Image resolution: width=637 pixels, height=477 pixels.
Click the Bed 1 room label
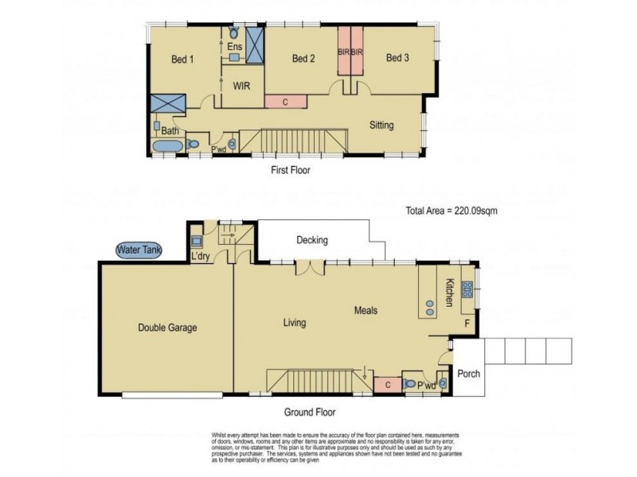(x=182, y=59)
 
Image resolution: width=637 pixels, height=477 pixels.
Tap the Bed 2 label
(x=303, y=58)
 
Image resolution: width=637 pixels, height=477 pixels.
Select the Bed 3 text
(x=398, y=57)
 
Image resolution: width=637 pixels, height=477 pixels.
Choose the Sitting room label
(x=382, y=125)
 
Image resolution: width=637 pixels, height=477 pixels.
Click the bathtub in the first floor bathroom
(x=167, y=146)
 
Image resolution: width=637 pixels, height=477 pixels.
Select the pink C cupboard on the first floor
(x=285, y=102)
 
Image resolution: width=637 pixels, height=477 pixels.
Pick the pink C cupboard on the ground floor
(x=387, y=386)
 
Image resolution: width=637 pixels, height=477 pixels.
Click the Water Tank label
(x=139, y=250)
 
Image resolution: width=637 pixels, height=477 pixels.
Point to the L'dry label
(x=201, y=256)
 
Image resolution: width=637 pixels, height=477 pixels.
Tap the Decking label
(x=312, y=240)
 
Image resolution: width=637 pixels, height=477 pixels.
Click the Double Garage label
(x=167, y=327)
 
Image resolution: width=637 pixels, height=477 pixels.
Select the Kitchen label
(x=449, y=293)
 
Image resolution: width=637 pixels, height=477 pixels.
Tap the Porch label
(x=468, y=373)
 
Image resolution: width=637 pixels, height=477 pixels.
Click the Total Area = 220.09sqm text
(x=451, y=211)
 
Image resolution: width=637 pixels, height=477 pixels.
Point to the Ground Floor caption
(x=310, y=413)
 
